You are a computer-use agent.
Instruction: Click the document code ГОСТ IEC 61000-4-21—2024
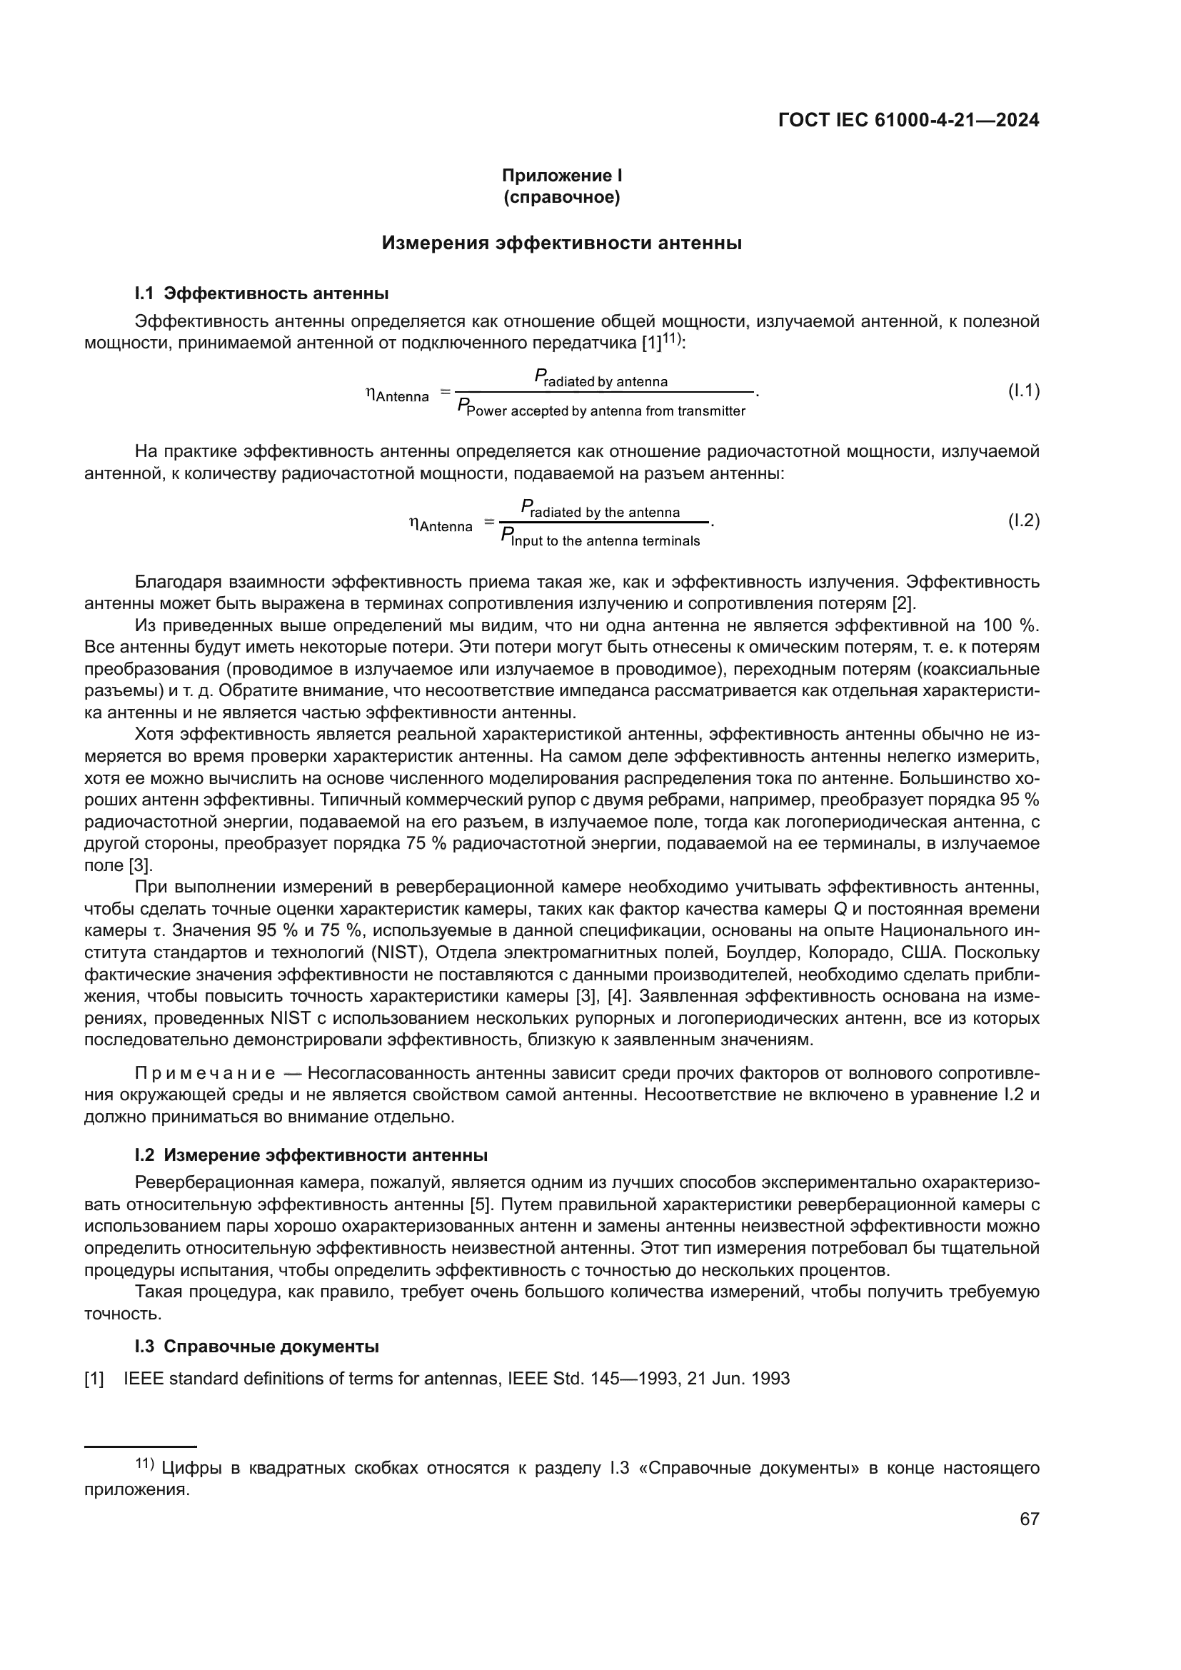(908, 121)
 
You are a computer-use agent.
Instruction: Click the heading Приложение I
(561, 176)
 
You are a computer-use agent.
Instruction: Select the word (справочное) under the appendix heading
(561, 197)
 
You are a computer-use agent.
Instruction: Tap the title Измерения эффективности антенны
(561, 243)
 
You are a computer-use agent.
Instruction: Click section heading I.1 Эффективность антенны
(262, 294)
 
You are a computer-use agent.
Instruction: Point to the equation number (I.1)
(1023, 391)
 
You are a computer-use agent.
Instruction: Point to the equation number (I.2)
(1023, 520)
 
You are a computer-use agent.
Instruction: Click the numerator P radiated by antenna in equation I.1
(601, 379)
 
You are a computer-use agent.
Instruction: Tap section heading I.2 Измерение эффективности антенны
(311, 1155)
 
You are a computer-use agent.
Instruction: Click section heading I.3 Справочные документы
(257, 1347)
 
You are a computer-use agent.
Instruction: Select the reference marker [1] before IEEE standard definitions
(94, 1378)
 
